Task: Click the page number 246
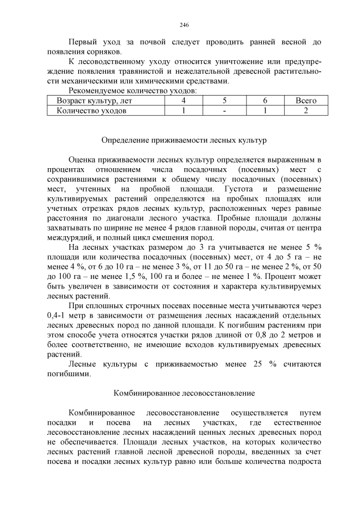tap(184, 25)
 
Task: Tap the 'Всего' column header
tap(306, 101)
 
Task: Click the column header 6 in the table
tap(264, 101)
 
